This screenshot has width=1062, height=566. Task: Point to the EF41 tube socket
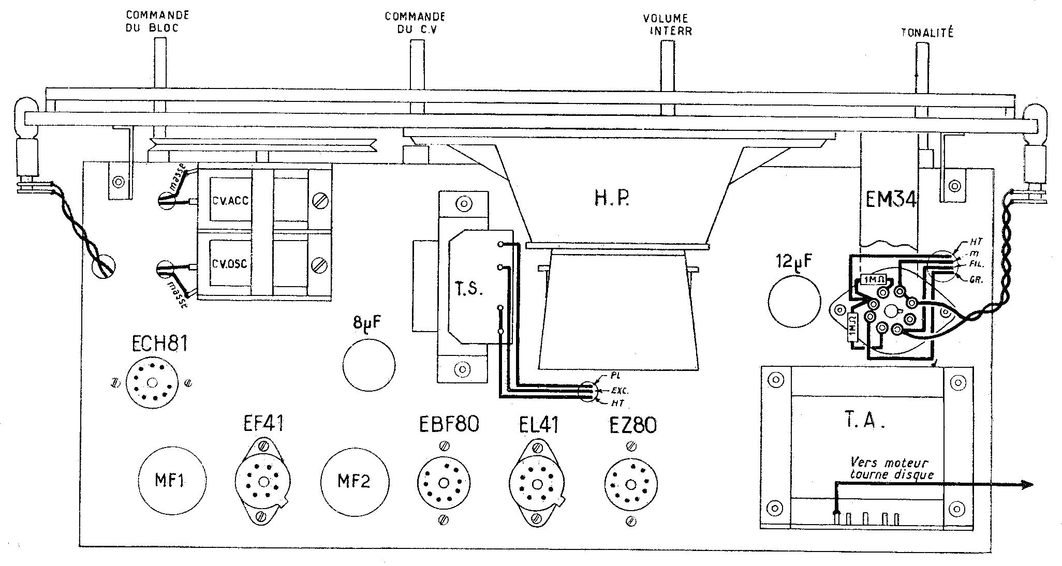[263, 482]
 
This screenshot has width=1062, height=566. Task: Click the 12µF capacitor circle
[794, 303]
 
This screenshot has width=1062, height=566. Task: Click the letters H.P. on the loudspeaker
[611, 199]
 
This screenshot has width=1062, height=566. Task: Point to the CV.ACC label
[230, 200]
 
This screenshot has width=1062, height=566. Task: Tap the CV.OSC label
[230, 264]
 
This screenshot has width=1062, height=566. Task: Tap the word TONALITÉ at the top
[927, 33]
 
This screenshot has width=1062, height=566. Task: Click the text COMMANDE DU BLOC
[157, 22]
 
